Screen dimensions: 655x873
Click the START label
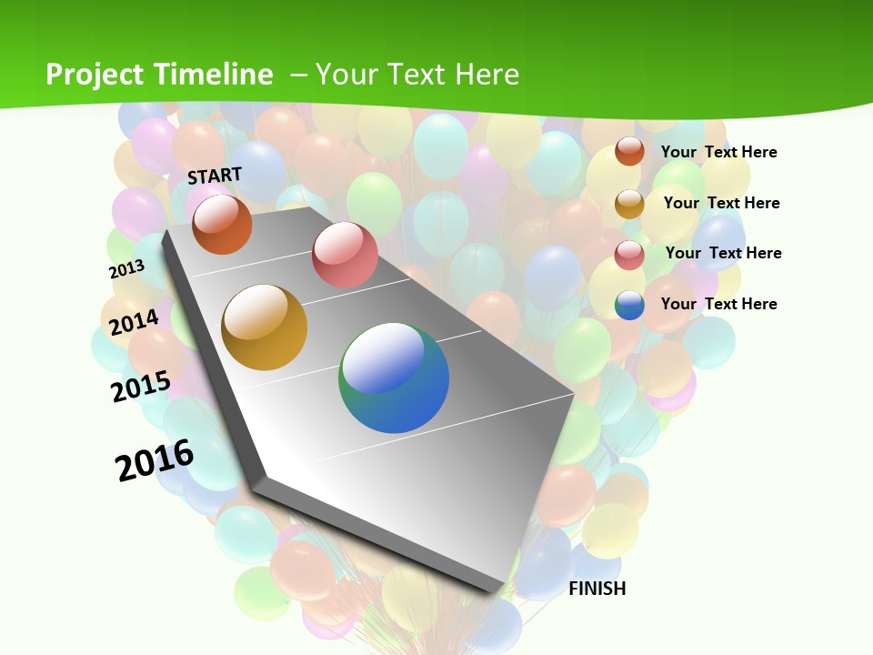(215, 176)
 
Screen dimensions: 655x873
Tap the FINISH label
(597, 589)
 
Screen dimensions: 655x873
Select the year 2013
(126, 269)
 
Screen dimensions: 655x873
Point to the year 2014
(134, 322)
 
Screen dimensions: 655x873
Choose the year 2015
(141, 387)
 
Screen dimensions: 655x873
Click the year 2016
(155, 460)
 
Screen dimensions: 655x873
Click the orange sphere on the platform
(222, 225)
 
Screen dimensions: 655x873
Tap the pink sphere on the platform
(345, 254)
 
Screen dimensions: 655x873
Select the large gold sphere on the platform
(265, 327)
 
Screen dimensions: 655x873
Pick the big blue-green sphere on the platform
(394, 378)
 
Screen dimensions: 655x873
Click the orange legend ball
(629, 151)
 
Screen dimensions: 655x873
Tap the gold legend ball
(629, 204)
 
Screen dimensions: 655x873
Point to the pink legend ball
(629, 255)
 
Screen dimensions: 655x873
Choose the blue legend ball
(629, 305)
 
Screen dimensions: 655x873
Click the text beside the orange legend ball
(718, 152)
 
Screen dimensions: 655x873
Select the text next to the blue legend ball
(718, 304)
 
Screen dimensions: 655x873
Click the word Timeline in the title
(214, 75)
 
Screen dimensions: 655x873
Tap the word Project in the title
(95, 75)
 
